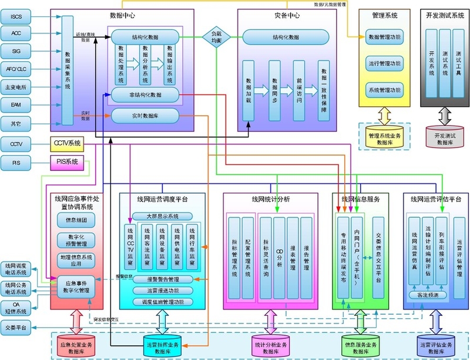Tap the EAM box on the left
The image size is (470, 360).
[x=16, y=105]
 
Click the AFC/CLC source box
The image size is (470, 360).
[x=16, y=69]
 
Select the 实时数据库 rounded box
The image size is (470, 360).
[x=145, y=116]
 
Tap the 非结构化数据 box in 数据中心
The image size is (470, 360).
[x=145, y=94]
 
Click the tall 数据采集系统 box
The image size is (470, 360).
[x=68, y=70]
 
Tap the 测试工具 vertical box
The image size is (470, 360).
[x=459, y=66]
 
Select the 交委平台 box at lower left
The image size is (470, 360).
[x=16, y=328]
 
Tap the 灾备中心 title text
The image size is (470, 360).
[x=287, y=14]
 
